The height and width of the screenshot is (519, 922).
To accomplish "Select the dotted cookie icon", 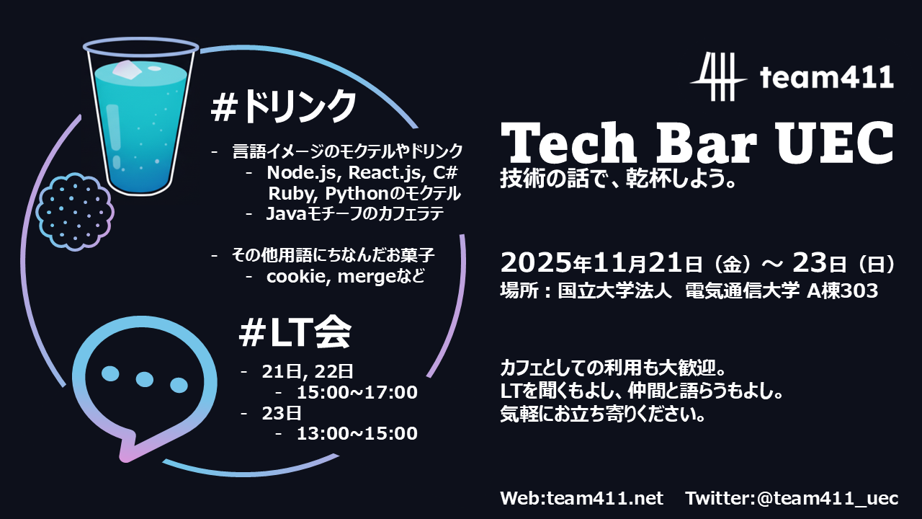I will [x=75, y=210].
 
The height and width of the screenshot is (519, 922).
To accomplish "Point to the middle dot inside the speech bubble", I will [x=145, y=378].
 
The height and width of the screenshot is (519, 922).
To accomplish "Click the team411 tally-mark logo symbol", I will [x=717, y=76].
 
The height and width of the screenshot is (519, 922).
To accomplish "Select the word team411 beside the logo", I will [x=827, y=76].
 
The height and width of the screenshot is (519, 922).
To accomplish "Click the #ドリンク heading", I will [x=284, y=107].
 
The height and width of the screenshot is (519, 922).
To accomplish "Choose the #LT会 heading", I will [x=295, y=332].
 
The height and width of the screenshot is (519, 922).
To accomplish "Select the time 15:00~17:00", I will [x=357, y=393].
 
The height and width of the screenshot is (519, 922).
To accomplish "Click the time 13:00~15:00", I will [x=357, y=433].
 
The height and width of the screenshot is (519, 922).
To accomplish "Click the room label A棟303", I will [x=842, y=291].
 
